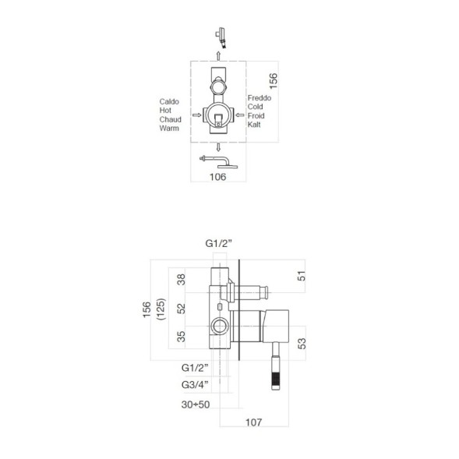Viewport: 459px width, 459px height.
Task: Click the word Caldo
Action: [x=170, y=101]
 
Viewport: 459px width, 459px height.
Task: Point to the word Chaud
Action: [x=170, y=119]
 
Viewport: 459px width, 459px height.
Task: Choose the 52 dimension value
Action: [x=182, y=309]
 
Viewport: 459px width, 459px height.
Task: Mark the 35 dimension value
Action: [x=182, y=337]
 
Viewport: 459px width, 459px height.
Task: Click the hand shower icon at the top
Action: [x=221, y=37]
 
